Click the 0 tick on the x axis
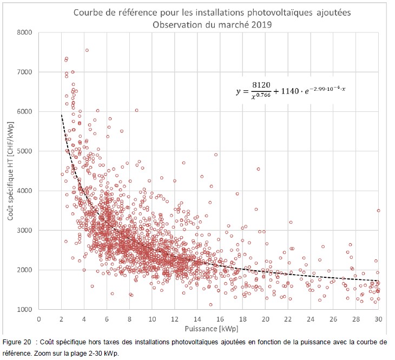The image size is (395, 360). tap(38, 319)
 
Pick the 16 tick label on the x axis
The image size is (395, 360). tap(220, 319)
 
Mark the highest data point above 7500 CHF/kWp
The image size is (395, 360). tap(87, 50)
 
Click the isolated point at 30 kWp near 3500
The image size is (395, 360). tap(378, 211)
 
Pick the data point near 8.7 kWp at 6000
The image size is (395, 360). tap(137, 110)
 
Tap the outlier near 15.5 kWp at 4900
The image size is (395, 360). tap(215, 155)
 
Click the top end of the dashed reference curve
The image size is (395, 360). tap(61, 115)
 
